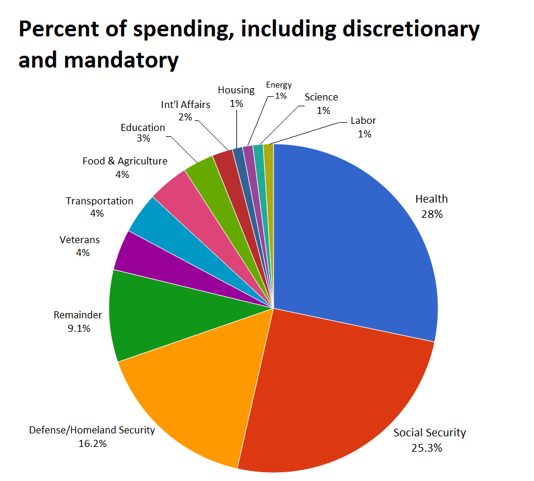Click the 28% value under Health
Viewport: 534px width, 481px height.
pyautogui.click(x=432, y=214)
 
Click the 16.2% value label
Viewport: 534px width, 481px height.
pyautogui.click(x=92, y=443)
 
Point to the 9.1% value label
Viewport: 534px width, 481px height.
pyautogui.click(x=78, y=328)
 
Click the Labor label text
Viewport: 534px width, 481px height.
pyautogui.click(x=363, y=120)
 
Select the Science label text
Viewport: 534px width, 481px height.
pyautogui.click(x=321, y=97)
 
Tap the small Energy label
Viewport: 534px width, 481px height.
pyautogui.click(x=279, y=85)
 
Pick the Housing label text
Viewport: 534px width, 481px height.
pyautogui.click(x=236, y=90)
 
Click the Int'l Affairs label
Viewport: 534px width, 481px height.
pyautogui.click(x=185, y=105)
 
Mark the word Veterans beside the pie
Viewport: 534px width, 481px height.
pyautogui.click(x=80, y=240)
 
